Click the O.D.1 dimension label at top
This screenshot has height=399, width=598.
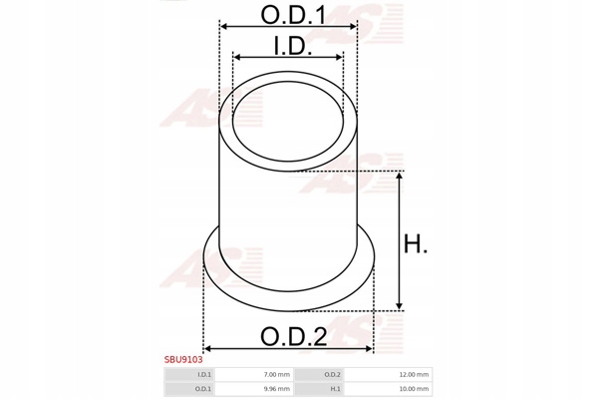pos(293,15)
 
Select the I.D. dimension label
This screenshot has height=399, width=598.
pos(292,46)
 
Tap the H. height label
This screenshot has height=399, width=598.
pos(416,243)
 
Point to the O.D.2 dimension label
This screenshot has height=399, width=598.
pos(293,336)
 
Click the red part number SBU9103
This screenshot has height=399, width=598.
pos(183,360)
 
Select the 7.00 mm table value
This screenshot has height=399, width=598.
pos(277,375)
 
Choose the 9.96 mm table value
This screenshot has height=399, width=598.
pos(277,389)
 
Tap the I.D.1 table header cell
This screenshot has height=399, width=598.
pos(189,375)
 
